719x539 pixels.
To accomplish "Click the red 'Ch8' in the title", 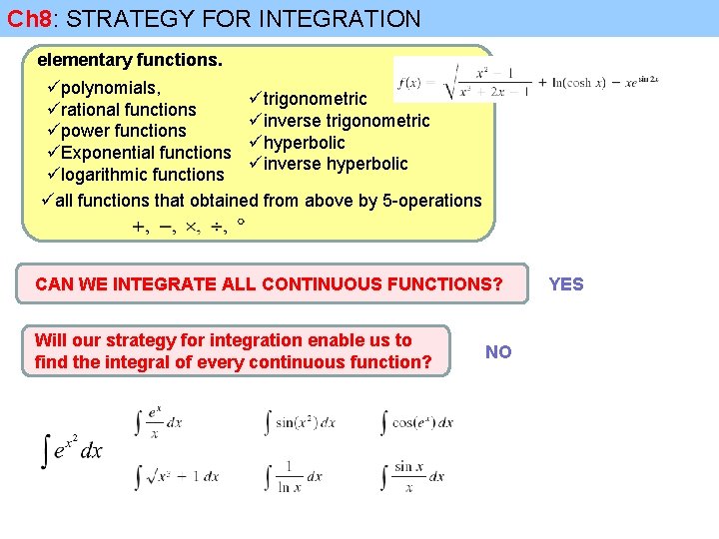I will click(x=28, y=18).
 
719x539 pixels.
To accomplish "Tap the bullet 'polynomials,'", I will click(x=109, y=87).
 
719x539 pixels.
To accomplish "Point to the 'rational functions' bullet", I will click(x=128, y=109).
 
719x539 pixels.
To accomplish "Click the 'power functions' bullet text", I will click(x=123, y=131).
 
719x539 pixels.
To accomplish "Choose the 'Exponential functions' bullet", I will click(x=145, y=153).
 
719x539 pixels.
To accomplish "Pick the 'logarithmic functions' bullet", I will click(x=142, y=175).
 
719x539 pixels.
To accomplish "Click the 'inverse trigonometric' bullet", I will click(x=346, y=121).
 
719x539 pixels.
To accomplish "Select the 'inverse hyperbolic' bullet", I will click(x=335, y=164).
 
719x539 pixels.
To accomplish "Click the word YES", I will click(x=566, y=284).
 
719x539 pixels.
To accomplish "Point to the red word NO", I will click(x=498, y=351).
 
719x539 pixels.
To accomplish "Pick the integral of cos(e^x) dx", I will click(x=417, y=422).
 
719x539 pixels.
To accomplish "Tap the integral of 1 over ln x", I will click(x=294, y=476).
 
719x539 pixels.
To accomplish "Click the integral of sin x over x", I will click(x=412, y=476).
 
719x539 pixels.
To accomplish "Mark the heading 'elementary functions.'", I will click(x=130, y=60).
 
